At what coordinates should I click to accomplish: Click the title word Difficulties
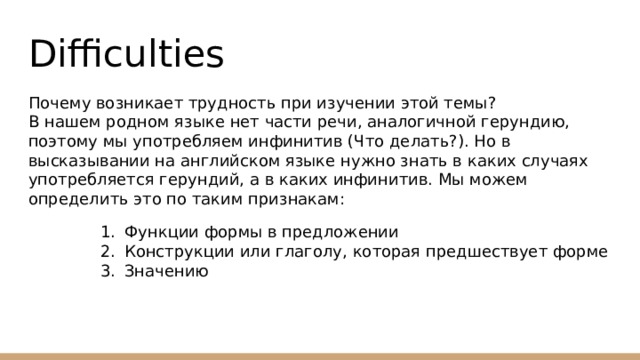(126, 53)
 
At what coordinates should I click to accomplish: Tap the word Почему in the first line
(60, 104)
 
